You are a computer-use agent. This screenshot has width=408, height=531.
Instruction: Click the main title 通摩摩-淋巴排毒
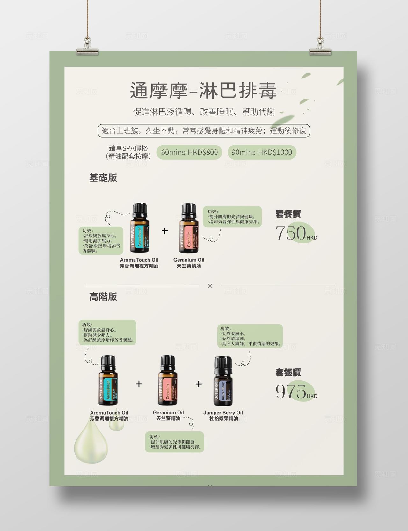(x=203, y=91)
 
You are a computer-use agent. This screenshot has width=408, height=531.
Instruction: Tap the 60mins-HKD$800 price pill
(x=189, y=152)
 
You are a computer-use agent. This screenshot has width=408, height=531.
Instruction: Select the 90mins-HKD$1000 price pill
(x=262, y=152)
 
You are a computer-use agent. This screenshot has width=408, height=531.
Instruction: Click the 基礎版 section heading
(x=103, y=178)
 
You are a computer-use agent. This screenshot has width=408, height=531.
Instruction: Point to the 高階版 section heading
(x=103, y=297)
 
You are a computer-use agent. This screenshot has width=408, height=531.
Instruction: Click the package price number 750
(x=291, y=233)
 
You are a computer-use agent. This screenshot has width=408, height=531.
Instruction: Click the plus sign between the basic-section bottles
(x=164, y=231)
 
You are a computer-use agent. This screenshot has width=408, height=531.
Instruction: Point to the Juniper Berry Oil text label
(x=223, y=413)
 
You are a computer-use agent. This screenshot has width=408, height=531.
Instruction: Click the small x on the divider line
(x=210, y=286)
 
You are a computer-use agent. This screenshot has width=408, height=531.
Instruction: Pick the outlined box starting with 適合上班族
(x=204, y=131)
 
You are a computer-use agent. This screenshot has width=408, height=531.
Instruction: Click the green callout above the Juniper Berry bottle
(x=250, y=336)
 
